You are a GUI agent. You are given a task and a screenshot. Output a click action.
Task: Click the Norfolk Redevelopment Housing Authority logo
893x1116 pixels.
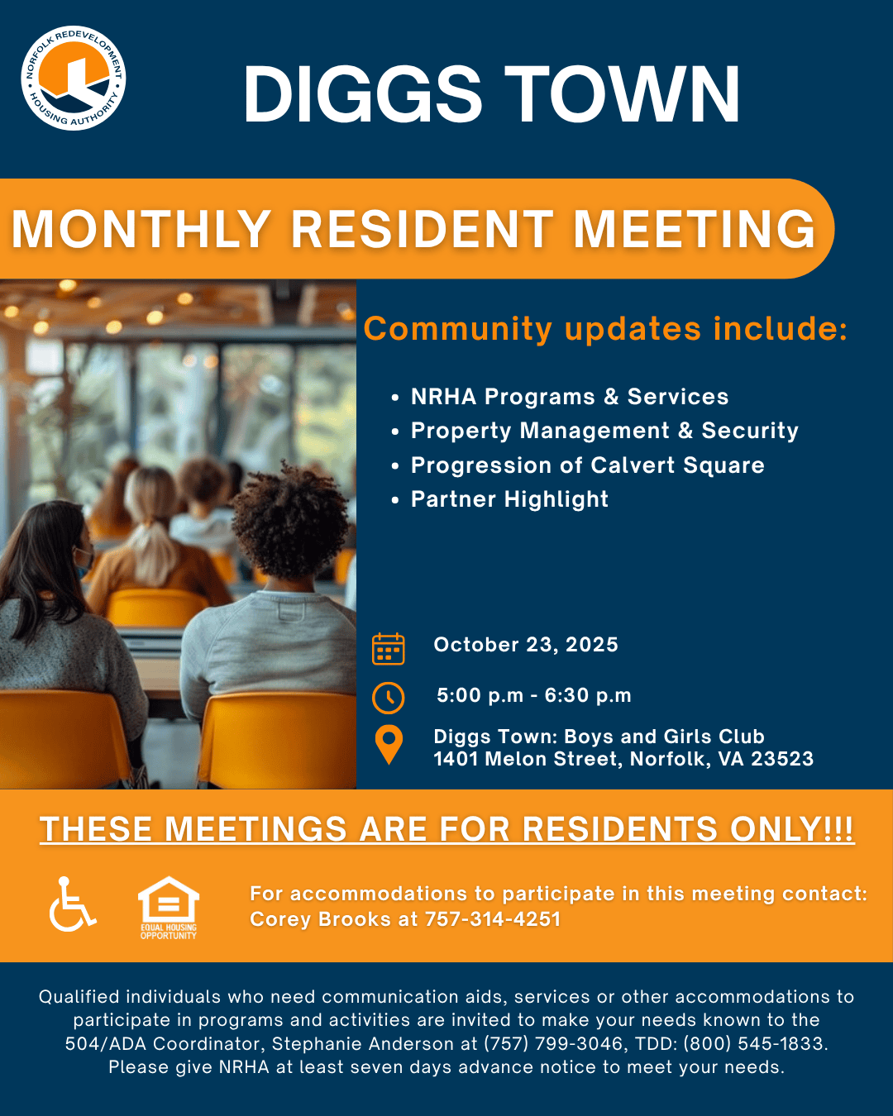pos(73,78)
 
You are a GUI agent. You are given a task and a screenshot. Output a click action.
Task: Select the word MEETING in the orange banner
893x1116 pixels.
pos(694,229)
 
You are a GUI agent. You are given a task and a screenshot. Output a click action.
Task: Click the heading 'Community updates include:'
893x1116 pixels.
pos(605,328)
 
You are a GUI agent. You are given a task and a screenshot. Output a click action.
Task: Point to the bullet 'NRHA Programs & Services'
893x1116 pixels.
pos(569,397)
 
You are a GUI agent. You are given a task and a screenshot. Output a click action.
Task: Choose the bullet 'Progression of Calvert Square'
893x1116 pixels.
pos(587,465)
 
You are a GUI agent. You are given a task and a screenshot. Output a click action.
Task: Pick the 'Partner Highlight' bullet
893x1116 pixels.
pos(509,499)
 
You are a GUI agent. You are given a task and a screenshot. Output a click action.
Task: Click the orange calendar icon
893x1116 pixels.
pos(388,648)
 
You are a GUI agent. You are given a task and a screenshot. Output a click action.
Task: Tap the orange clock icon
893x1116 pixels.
pos(388,698)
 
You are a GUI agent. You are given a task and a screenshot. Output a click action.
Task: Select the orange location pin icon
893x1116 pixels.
pos(389,744)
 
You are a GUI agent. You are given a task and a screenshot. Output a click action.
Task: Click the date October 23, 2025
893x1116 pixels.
pos(526,645)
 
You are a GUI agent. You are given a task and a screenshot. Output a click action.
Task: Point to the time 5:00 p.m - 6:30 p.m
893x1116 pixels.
pos(534,695)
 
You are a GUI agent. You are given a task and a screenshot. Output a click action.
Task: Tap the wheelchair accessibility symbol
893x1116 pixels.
pos(72,904)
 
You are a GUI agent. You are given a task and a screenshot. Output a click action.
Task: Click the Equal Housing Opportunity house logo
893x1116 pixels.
pos(168,908)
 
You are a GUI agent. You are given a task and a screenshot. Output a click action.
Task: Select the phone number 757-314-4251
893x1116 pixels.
pos(493,919)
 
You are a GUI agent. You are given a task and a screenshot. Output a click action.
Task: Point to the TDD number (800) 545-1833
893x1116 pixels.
pos(753,1043)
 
